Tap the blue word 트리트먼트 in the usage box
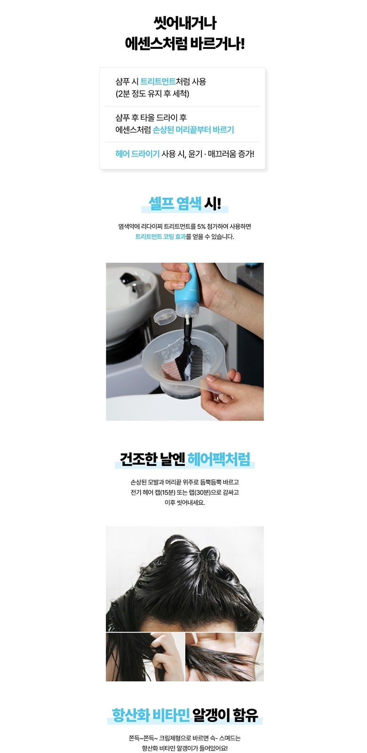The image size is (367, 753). coord(158,81)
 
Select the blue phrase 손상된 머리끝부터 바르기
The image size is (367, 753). coord(193,130)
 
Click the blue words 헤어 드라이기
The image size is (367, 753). coord(137,154)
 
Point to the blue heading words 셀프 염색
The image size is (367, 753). coord(175,203)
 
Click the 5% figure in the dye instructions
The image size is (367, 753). coord(201,226)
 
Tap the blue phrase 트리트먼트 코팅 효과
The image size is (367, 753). coord(160,237)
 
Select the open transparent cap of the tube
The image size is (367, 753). coord(165,317)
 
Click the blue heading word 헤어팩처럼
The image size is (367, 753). coord(219,459)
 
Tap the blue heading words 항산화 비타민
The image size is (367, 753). coord(151,715)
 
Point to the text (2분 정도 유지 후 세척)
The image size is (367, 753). coord(152,94)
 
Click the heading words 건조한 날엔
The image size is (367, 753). coord(152,459)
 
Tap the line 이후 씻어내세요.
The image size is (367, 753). coord(184,503)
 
